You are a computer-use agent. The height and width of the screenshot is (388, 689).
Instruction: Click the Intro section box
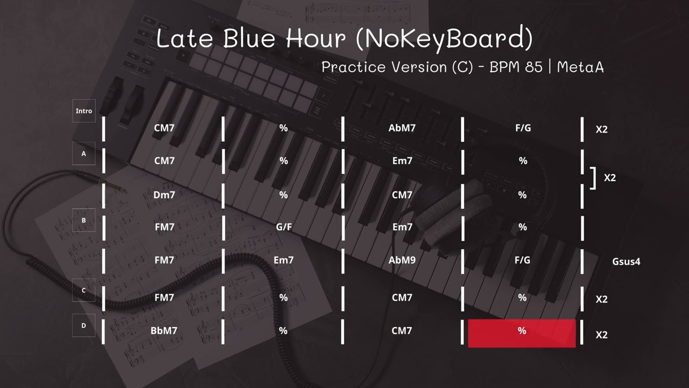click(83, 111)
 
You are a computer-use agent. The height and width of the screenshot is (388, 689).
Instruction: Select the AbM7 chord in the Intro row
click(402, 128)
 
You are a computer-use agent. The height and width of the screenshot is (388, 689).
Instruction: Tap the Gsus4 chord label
click(626, 262)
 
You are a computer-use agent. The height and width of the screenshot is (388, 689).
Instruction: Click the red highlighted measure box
click(522, 332)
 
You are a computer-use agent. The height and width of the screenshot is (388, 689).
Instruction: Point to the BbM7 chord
click(164, 331)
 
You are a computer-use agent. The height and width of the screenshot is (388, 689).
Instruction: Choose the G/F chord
click(284, 227)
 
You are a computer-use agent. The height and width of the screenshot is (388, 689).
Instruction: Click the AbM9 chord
click(402, 260)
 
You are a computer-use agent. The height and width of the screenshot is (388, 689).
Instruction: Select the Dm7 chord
click(164, 195)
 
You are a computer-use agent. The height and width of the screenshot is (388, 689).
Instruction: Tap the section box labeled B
click(83, 220)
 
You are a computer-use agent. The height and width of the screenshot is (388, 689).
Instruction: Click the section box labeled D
click(83, 325)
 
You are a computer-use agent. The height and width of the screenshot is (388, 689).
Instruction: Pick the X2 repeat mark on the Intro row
click(601, 130)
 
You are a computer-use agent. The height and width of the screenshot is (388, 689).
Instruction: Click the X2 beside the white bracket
click(609, 178)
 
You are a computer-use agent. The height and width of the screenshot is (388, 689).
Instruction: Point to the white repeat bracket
click(593, 178)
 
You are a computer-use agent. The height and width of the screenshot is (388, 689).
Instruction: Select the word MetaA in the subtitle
click(580, 67)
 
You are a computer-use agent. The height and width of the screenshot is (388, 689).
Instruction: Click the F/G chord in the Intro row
click(523, 128)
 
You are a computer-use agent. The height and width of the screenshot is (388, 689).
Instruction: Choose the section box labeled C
click(83, 290)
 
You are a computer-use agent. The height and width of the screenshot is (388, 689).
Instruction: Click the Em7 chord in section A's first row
click(402, 161)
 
